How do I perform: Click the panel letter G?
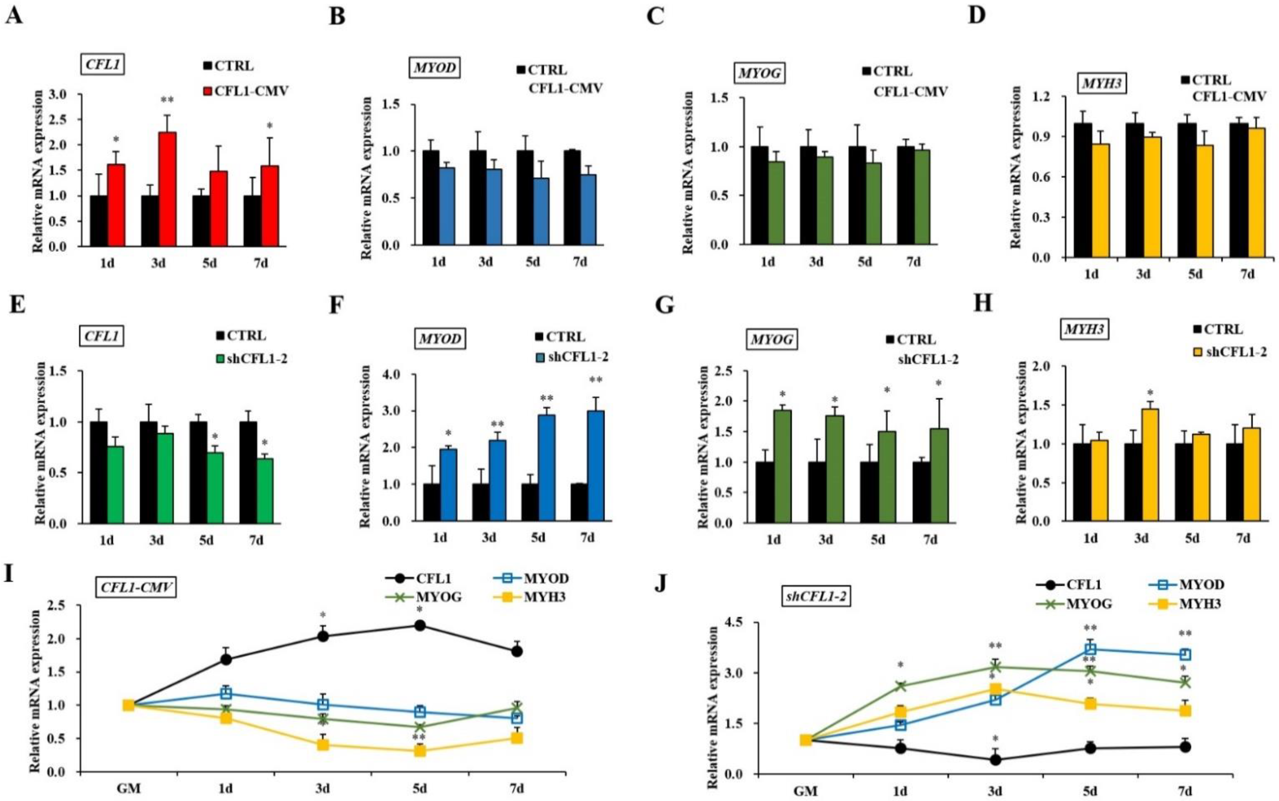664,306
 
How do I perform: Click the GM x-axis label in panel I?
128,788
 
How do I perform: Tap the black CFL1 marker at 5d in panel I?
420,626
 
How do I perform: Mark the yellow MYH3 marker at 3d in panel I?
322,744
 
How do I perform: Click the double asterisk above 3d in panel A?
168,100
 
